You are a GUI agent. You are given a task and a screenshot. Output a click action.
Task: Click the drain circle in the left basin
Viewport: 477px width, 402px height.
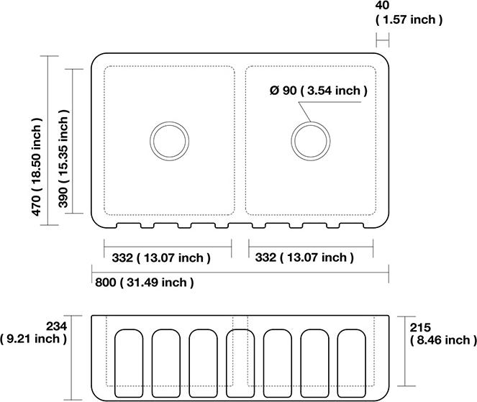pyautogui.click(x=170, y=122)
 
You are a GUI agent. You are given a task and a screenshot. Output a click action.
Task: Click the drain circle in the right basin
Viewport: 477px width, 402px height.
pyautogui.click(x=311, y=122)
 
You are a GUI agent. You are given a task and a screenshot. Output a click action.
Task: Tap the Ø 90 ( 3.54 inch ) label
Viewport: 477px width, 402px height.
pyautogui.click(x=319, y=91)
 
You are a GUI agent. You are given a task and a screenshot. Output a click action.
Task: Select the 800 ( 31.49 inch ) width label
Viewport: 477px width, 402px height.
pyautogui.click(x=144, y=283)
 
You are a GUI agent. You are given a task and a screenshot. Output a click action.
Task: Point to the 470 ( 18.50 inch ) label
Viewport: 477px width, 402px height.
pyautogui.click(x=37, y=167)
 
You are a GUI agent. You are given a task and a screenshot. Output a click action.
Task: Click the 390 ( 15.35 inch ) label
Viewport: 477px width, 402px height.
pyautogui.click(x=63, y=158)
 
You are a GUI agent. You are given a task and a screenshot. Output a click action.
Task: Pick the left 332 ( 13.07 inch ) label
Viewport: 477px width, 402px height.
pyautogui.click(x=161, y=258)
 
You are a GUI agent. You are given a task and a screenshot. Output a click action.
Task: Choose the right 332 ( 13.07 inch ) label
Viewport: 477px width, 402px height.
pyautogui.click(x=304, y=257)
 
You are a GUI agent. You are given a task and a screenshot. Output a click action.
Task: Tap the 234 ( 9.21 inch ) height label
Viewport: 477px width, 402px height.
pyautogui.click(x=34, y=332)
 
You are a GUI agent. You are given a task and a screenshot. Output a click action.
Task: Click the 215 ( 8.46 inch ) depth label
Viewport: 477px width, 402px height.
pyautogui.click(x=443, y=334)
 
